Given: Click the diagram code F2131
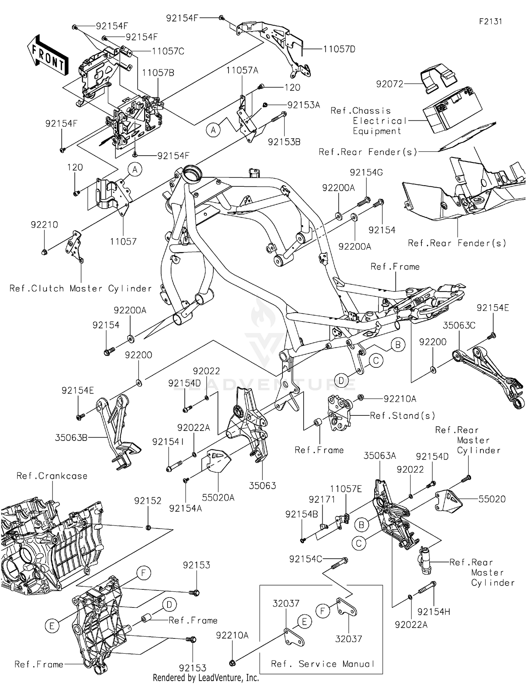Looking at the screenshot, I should [491, 22].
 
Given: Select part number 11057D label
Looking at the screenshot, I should [339, 49].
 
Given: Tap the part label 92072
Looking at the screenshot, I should [390, 84].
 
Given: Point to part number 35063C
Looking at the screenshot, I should [459, 325].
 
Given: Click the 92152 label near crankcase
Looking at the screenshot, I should [148, 501].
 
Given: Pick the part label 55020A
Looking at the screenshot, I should [218, 498].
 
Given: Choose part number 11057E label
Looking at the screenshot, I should [346, 489].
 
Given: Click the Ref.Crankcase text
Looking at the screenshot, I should [52, 476].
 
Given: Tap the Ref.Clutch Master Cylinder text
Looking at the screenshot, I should [80, 289].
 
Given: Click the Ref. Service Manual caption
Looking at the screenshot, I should [322, 664].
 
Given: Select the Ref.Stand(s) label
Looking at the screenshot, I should [402, 416].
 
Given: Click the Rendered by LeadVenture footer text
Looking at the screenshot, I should [206, 678].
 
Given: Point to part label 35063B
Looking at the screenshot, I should [71, 438].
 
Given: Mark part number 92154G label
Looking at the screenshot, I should [366, 173].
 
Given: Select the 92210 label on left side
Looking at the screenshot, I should [44, 225].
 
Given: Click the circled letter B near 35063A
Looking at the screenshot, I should [361, 525].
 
